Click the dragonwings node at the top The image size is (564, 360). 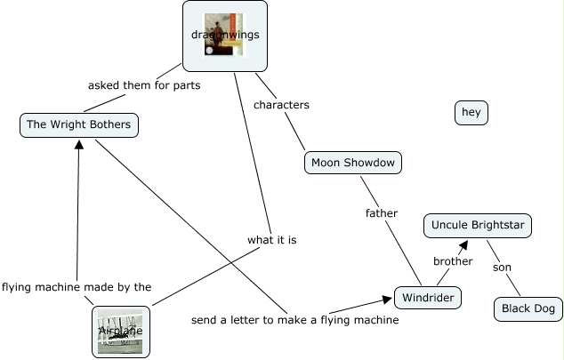coord(224,36)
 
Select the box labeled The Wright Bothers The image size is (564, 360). coord(79,124)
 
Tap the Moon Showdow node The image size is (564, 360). coord(352,163)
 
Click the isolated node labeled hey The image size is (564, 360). coord(471,112)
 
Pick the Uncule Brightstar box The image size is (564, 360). coord(478,226)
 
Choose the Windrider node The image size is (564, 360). coord(428,297)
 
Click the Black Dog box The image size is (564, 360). coord(528,308)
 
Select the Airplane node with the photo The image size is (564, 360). coord(121,332)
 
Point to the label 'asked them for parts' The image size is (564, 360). coord(144,86)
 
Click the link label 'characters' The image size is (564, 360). coord(281,105)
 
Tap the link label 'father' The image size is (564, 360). coord(382,213)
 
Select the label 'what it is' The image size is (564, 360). coord(272,240)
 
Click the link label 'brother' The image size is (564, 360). coord(453,261)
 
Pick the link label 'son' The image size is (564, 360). coord(503,267)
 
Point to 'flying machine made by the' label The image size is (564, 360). coord(77,287)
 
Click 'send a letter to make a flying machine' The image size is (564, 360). coord(294,319)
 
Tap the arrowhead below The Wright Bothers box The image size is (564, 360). coord(79,143)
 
